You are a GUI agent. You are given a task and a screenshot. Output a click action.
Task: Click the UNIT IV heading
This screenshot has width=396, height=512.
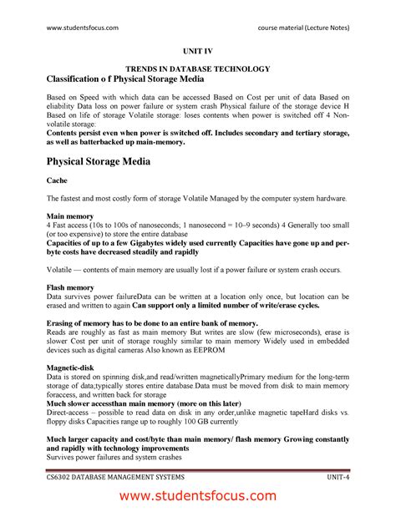click(x=197, y=52)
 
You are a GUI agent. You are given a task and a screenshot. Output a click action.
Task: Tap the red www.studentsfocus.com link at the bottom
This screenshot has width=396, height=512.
click(x=197, y=495)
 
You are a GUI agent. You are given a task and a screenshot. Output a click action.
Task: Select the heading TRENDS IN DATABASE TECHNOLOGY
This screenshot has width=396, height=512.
click(x=197, y=68)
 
